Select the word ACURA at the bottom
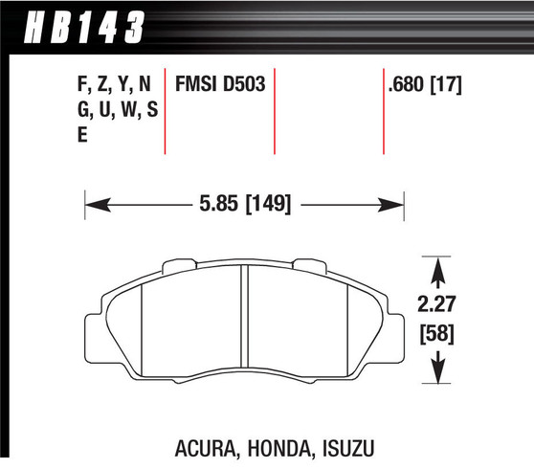[x=206, y=447]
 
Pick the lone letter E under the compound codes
[x=81, y=134]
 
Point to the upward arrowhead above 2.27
[x=437, y=276]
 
